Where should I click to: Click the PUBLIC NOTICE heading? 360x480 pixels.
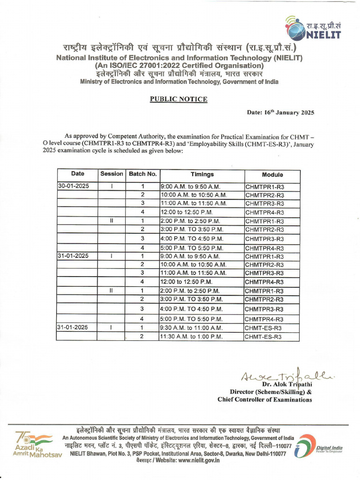tap(178, 99)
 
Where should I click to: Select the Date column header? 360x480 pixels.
tap(78, 174)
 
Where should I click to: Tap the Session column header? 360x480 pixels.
tap(112, 174)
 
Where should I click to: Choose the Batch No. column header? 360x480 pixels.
tap(142, 174)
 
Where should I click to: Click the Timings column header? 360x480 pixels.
tap(202, 174)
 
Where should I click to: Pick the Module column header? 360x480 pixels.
tap(272, 174)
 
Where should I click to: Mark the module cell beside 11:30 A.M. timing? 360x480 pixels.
tap(263, 337)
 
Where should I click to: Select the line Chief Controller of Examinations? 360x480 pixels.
tap(264, 400)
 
